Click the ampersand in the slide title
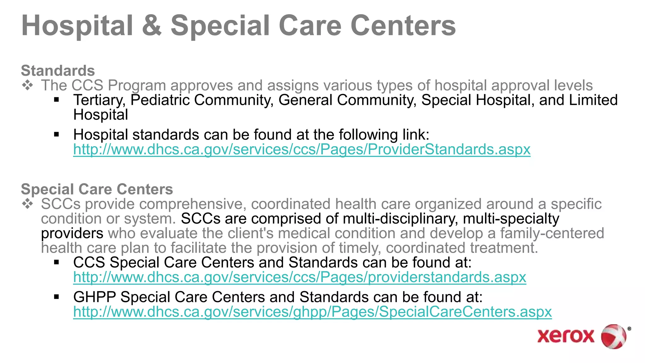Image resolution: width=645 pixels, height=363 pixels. coord(152,26)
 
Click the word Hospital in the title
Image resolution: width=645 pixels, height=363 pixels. coord(77,26)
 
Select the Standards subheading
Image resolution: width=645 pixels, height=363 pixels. coord(58,71)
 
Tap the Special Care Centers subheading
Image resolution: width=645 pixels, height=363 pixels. coord(97,189)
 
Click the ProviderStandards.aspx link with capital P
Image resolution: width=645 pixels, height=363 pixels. coord(302,149)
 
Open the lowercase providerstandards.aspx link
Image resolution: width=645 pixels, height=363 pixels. coord(300,277)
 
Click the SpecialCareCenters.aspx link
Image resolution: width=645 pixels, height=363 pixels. coord(312,312)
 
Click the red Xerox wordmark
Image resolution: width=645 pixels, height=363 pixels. coord(566,336)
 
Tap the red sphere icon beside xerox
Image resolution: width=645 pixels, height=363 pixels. coord(614,336)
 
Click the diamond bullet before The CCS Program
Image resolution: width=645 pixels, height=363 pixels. coord(28,85)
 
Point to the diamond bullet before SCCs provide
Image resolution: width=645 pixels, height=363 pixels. coord(28,204)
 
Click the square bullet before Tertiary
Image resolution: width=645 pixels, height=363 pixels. coord(57,100)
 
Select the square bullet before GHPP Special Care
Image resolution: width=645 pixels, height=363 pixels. coord(57,297)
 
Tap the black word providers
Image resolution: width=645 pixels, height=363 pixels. coord(72,233)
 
